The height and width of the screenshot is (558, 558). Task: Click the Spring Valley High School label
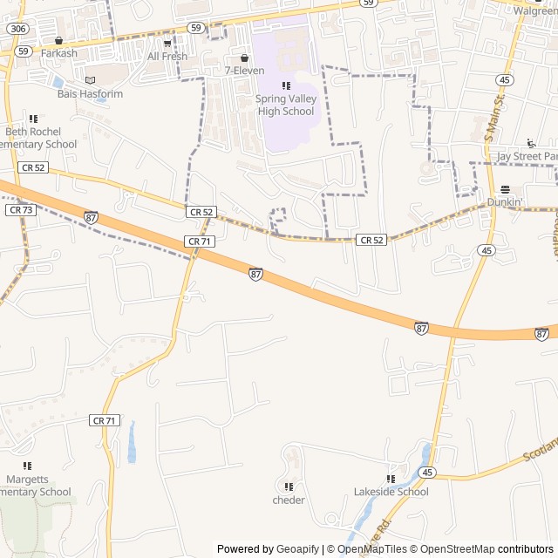tap(285, 105)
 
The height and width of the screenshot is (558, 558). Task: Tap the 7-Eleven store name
tap(244, 71)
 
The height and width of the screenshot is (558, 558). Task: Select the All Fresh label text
tap(167, 57)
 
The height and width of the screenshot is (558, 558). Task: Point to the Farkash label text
tap(58, 53)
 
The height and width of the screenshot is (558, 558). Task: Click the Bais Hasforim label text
tap(92, 94)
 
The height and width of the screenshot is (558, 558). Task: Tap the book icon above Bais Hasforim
tap(91, 80)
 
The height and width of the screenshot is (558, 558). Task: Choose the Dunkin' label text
tap(505, 202)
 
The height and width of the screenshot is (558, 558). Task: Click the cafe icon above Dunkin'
tap(505, 189)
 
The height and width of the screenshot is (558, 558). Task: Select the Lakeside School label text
tap(391, 492)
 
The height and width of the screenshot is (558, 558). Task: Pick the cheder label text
tap(289, 500)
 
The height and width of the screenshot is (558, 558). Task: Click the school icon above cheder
tap(289, 487)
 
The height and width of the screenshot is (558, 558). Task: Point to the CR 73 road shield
tap(20, 210)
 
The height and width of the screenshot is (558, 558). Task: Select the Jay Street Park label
tap(526, 156)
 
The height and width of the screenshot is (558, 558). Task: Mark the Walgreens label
tap(535, 11)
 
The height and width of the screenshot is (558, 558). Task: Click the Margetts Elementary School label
tap(35, 486)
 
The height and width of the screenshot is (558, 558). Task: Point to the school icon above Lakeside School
tap(391, 479)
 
